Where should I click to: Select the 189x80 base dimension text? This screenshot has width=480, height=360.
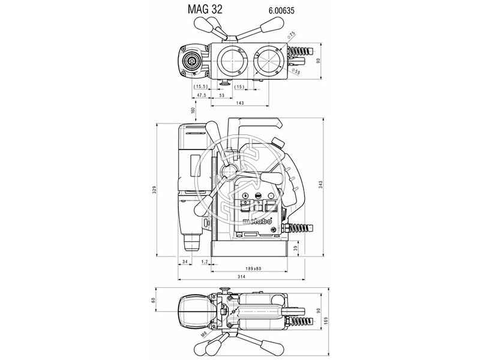tap(253, 268)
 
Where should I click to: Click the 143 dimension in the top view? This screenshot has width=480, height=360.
tap(240, 104)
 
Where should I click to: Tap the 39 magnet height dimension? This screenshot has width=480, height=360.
tap(295, 248)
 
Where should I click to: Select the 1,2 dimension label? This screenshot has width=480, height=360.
tap(205, 262)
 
